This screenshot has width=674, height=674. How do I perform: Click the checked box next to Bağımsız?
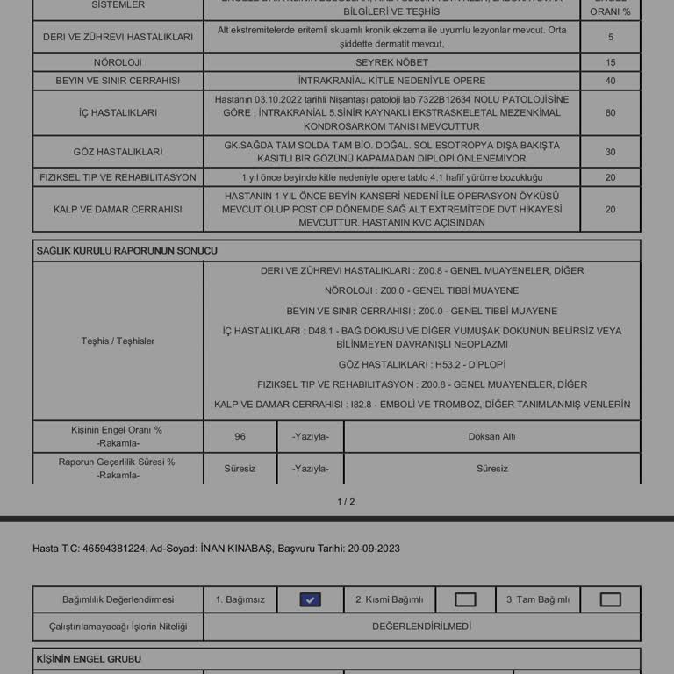[310, 599]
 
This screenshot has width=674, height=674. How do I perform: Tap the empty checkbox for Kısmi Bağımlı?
[465, 599]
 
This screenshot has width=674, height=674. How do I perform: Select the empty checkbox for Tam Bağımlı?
[610, 599]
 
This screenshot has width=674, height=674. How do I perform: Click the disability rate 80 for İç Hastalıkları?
[610, 113]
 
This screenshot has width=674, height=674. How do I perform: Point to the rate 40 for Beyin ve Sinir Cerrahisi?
[610, 81]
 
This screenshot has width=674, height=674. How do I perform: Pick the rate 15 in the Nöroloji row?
[610, 63]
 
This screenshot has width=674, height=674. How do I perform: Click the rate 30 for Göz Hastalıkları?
[610, 152]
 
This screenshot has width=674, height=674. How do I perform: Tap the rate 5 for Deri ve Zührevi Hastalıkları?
[610, 38]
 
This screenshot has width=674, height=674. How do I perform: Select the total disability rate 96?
[240, 436]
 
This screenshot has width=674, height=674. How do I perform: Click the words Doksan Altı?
[491, 436]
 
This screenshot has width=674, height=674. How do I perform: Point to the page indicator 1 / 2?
[346, 502]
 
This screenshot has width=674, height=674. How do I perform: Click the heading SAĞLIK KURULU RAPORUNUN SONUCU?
[127, 251]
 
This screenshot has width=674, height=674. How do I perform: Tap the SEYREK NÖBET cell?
[391, 63]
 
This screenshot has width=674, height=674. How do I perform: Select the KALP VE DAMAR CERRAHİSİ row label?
[118, 210]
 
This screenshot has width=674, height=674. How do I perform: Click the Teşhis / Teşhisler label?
[118, 341]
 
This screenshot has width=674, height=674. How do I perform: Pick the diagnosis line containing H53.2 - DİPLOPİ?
[421, 364]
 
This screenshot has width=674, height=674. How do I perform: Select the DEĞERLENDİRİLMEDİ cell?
[421, 627]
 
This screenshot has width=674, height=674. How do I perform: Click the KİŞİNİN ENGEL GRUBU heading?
[89, 659]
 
